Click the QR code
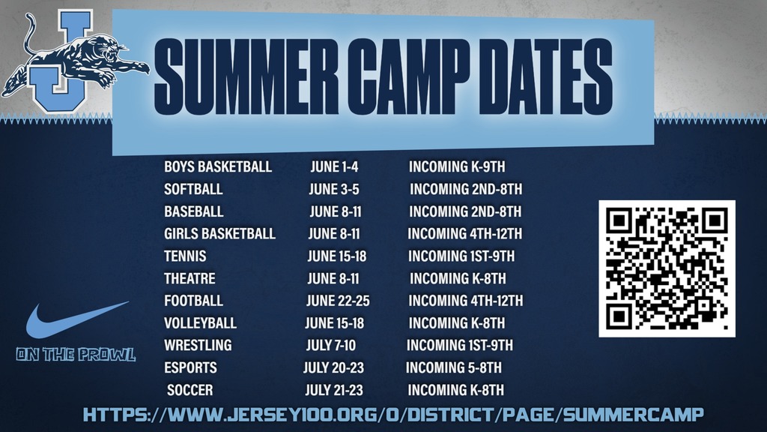coord(667,268)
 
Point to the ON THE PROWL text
coord(75,355)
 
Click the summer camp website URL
coord(393,414)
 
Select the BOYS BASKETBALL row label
coord(218,166)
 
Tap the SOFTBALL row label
coord(193,189)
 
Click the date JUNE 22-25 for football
coord(338,301)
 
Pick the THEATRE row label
coord(190,278)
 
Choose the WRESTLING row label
coord(198,345)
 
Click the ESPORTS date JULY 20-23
coord(333,367)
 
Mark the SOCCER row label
coord(190,390)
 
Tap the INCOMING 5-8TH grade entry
coord(454,367)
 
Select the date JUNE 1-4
coord(334,166)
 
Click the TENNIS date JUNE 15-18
coord(336,256)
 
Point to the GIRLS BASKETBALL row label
coord(219,233)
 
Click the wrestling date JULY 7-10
coord(331,345)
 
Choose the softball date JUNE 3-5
coord(334,189)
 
